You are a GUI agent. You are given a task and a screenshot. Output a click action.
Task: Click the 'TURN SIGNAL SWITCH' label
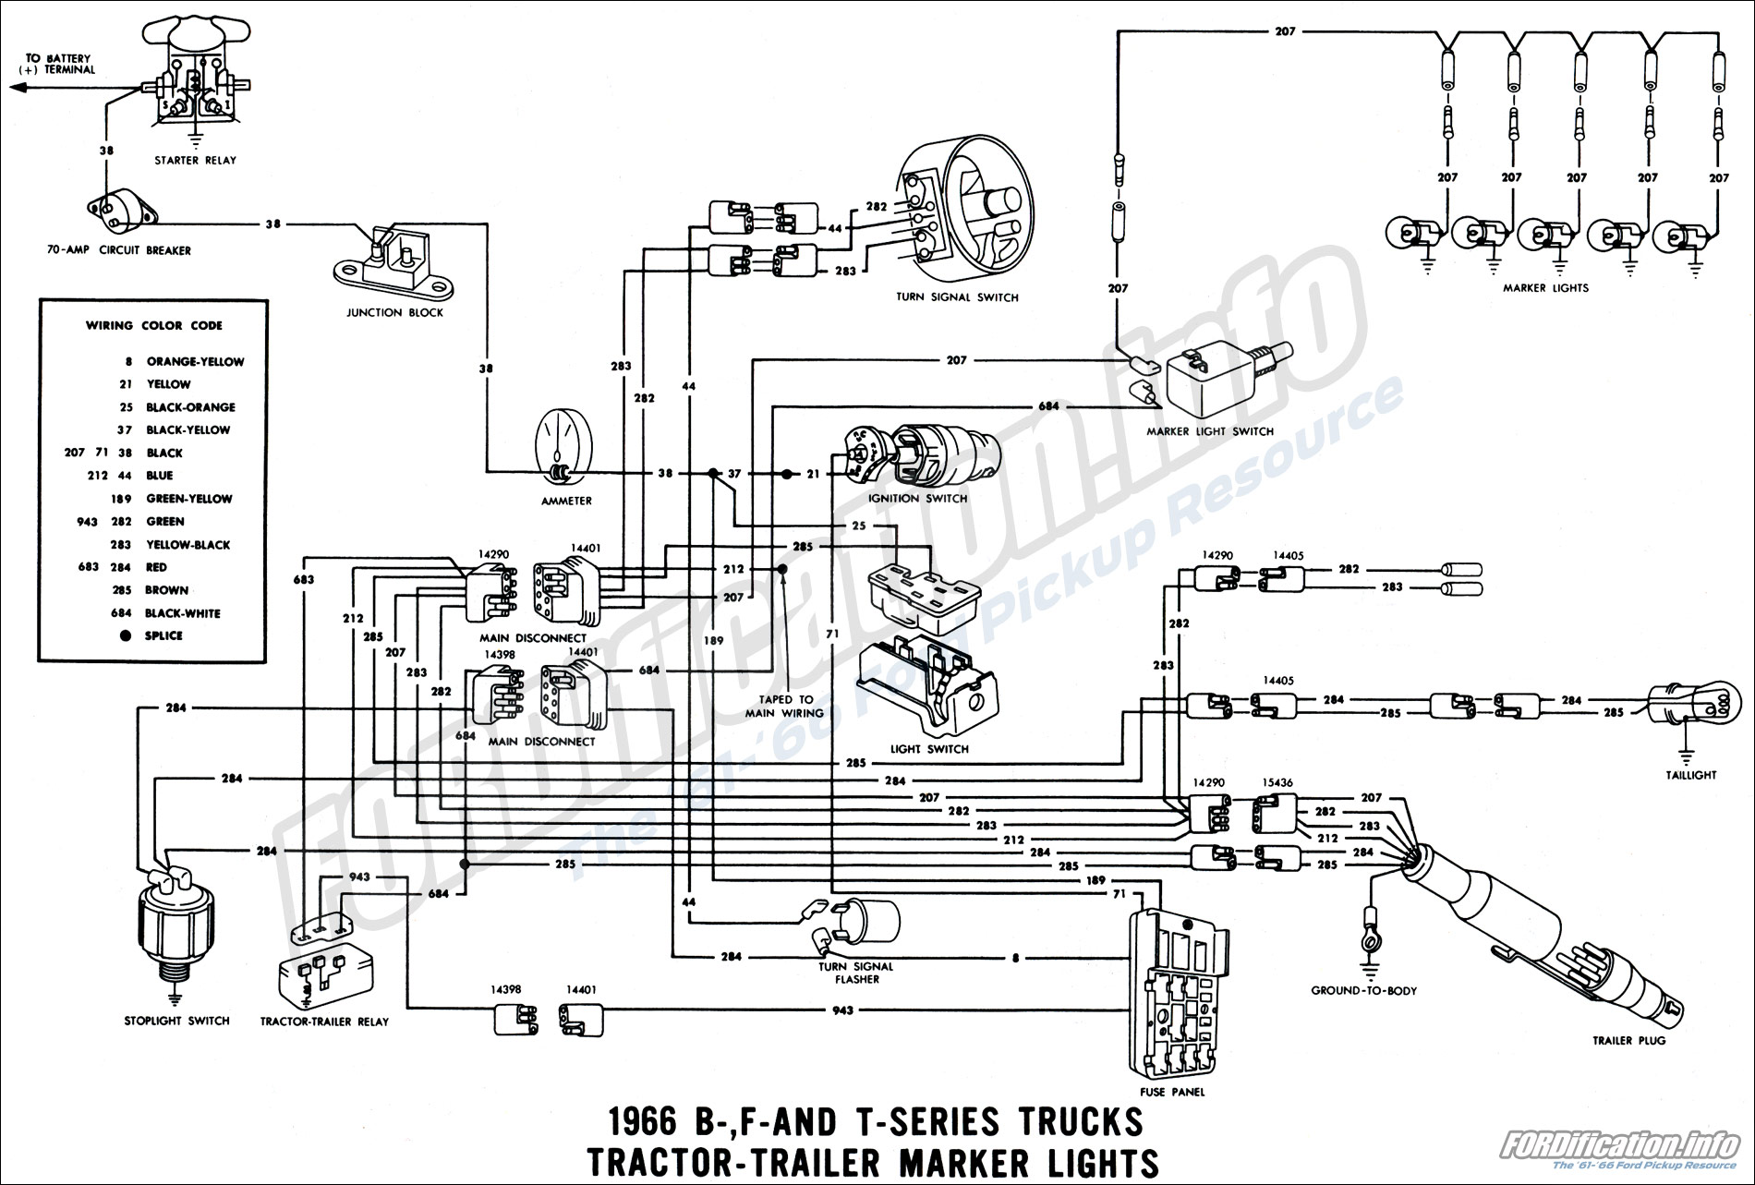point(957,297)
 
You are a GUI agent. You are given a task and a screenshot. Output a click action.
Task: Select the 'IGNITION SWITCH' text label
point(917,499)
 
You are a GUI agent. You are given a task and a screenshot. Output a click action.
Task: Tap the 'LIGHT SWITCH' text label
point(929,749)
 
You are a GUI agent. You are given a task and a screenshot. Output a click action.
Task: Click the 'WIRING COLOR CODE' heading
point(154,325)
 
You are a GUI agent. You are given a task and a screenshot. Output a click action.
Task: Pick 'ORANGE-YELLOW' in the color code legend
point(195,362)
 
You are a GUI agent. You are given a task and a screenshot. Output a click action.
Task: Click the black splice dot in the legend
point(125,635)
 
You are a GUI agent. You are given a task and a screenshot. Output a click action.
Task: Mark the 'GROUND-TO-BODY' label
point(1363,991)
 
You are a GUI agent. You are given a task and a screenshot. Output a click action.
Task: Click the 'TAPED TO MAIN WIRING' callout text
point(784,707)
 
